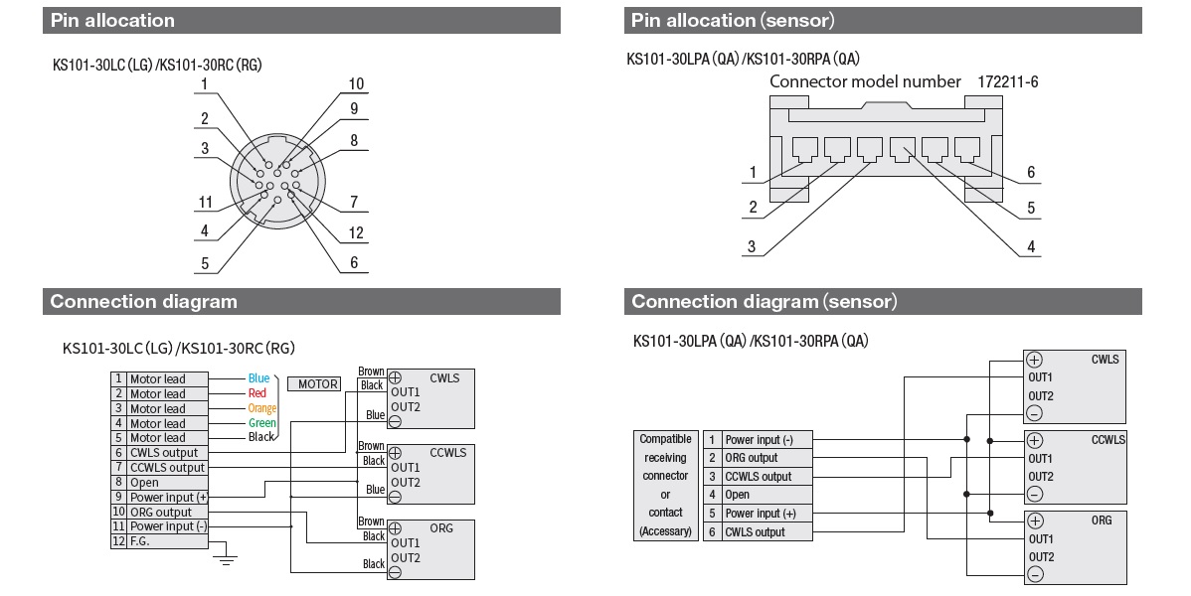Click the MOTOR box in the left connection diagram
point(314,383)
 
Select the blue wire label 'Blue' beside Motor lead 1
point(258,378)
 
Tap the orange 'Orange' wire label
point(261,408)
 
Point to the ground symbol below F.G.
point(227,560)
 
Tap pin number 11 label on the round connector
point(205,202)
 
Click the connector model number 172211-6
point(1008,81)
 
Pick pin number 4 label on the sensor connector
point(1031,247)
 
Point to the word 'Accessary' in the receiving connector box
point(665,531)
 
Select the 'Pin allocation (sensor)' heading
point(733,20)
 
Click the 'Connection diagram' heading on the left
point(144,301)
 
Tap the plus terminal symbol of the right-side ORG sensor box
point(1034,520)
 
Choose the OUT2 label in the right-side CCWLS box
point(1040,476)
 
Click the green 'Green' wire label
point(262,423)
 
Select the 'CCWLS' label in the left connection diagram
point(447,453)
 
